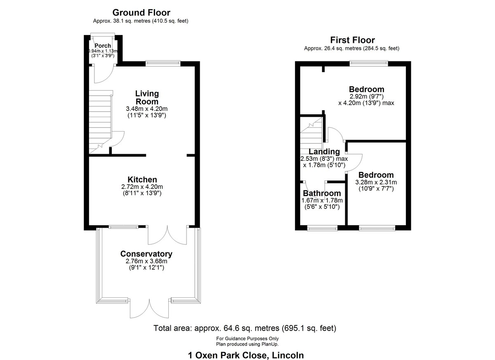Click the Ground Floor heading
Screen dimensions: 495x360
click(x=141, y=13)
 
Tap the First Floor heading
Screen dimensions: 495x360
click(x=352, y=40)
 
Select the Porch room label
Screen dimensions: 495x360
click(x=103, y=46)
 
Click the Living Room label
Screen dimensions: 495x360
click(x=147, y=97)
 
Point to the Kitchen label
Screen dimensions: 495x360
click(x=142, y=179)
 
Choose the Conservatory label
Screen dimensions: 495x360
click(x=146, y=254)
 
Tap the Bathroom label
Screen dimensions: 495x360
click(x=322, y=193)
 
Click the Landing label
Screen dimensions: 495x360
click(x=324, y=151)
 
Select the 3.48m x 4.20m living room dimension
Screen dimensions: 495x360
click(x=147, y=109)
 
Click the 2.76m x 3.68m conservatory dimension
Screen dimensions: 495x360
click(x=146, y=261)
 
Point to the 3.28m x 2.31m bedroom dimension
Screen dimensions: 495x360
click(x=376, y=182)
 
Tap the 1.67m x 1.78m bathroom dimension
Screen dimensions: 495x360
click(x=322, y=200)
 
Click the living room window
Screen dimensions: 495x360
click(x=163, y=64)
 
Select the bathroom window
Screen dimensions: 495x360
click(x=323, y=228)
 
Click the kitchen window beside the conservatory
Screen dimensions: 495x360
click(x=123, y=227)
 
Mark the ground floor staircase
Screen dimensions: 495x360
click(x=101, y=122)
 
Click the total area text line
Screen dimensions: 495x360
click(x=245, y=328)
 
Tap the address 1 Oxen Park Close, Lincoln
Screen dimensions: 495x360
click(x=246, y=355)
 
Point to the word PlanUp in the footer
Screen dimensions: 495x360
click(x=270, y=344)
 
